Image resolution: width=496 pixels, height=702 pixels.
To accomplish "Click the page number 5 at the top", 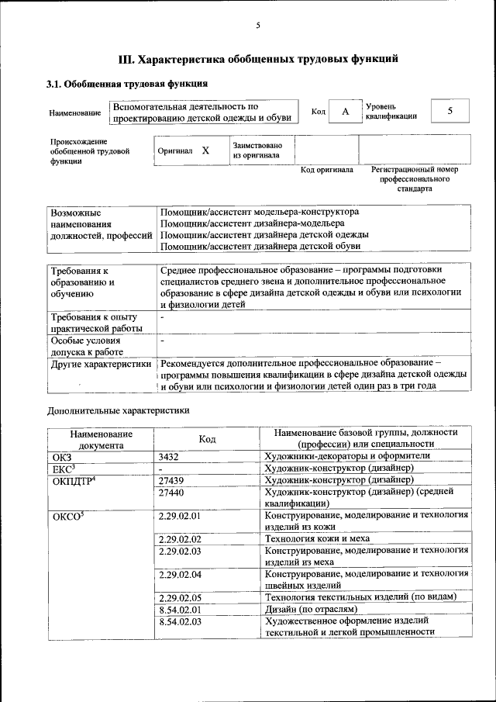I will pyautogui.click(x=258, y=26).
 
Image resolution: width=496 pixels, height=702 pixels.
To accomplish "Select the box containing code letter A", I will pyautogui.click(x=346, y=112).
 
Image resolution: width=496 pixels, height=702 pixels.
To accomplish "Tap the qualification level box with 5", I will pyautogui.click(x=449, y=111).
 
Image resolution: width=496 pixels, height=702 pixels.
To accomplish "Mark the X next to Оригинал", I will pyautogui.click(x=205, y=151).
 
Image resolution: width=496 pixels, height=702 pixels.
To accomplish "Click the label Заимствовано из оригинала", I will pyautogui.click(x=257, y=150).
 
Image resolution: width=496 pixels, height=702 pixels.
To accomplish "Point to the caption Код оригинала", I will pyautogui.click(x=327, y=169).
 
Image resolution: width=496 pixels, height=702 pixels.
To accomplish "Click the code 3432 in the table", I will pyautogui.click(x=170, y=456).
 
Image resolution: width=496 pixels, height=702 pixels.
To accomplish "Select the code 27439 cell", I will pyautogui.click(x=172, y=480).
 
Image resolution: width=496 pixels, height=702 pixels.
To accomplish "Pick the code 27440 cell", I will pyautogui.click(x=172, y=492).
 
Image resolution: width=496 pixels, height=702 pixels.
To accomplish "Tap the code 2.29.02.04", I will pyautogui.click(x=179, y=575).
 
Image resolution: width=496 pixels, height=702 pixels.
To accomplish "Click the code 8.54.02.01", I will pyautogui.click(x=179, y=610).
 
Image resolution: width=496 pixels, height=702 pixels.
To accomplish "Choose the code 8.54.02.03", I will pyautogui.click(x=179, y=621).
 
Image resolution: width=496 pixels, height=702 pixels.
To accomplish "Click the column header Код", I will pyautogui.click(x=207, y=439).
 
